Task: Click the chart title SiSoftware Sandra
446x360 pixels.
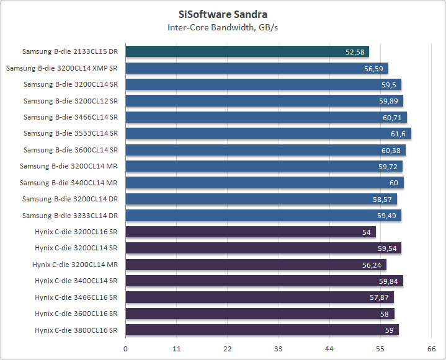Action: (223, 14)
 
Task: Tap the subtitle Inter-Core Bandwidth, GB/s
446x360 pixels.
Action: (223, 27)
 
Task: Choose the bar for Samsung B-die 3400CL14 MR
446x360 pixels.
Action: (264, 183)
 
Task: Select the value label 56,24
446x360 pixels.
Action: (372, 265)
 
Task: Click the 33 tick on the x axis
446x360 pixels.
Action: (279, 349)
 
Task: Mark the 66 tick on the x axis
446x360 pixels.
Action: (431, 349)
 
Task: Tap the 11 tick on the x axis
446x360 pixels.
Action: (177, 349)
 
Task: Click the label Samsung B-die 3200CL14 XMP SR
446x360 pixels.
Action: (61, 68)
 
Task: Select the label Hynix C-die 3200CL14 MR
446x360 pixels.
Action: (75, 265)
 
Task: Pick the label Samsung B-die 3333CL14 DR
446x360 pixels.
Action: (69, 216)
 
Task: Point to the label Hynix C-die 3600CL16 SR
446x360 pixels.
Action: (76, 314)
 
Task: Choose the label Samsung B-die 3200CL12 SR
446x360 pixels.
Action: (71, 101)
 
